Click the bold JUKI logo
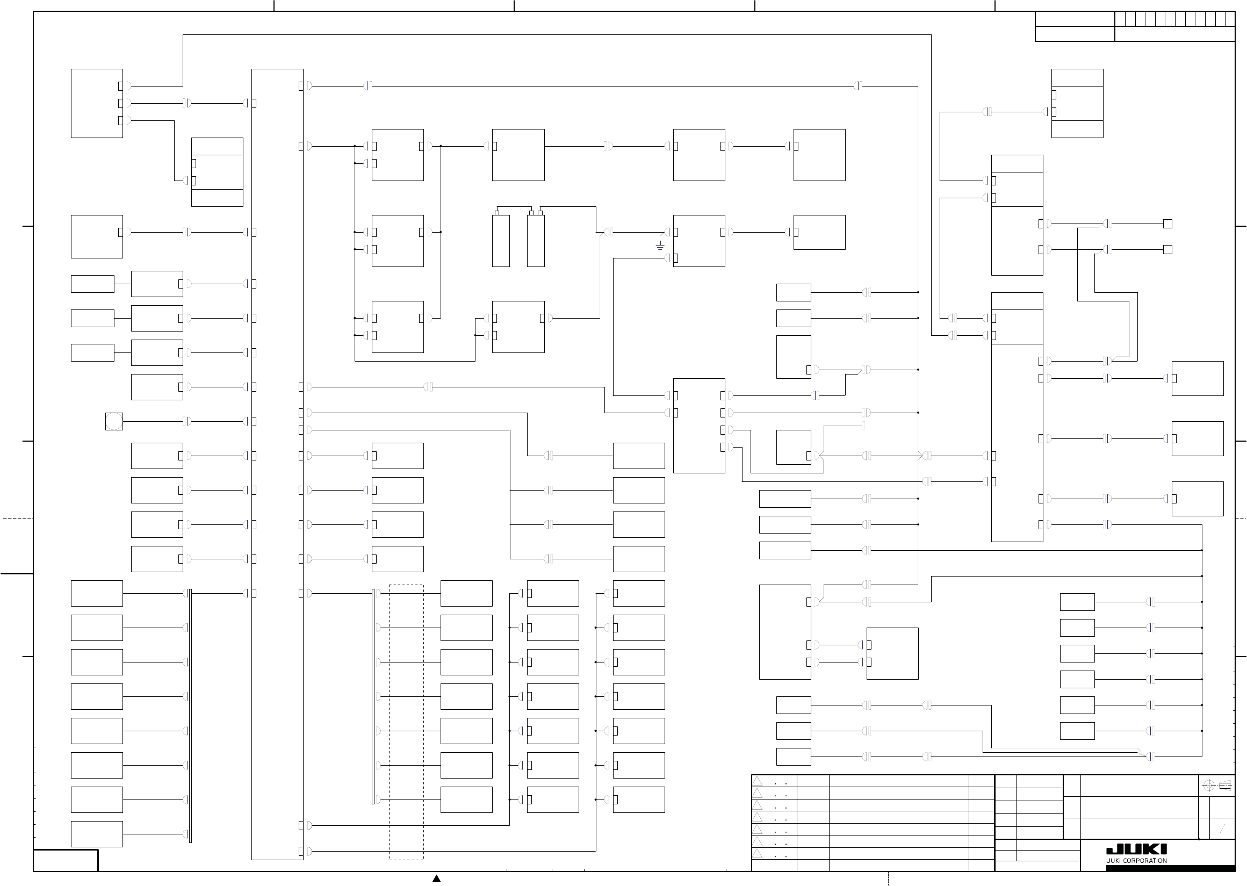tap(1136, 849)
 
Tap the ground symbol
tap(660, 247)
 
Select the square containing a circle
tap(114, 421)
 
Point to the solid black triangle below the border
tap(436, 878)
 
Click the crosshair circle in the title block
tap(1208, 786)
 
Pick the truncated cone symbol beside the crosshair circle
tap(1225, 786)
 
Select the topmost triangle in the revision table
tap(758, 781)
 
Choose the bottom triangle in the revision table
tap(758, 854)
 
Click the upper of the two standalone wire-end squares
tap(1168, 224)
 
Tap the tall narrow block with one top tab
tap(501, 240)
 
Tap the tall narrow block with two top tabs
tap(536, 240)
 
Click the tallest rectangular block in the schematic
tap(277, 464)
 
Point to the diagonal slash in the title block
tap(1222, 829)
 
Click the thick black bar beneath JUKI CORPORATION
tap(1171, 868)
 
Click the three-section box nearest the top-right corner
tap(1077, 103)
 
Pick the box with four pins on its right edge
tap(699, 426)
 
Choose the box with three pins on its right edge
tap(97, 103)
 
